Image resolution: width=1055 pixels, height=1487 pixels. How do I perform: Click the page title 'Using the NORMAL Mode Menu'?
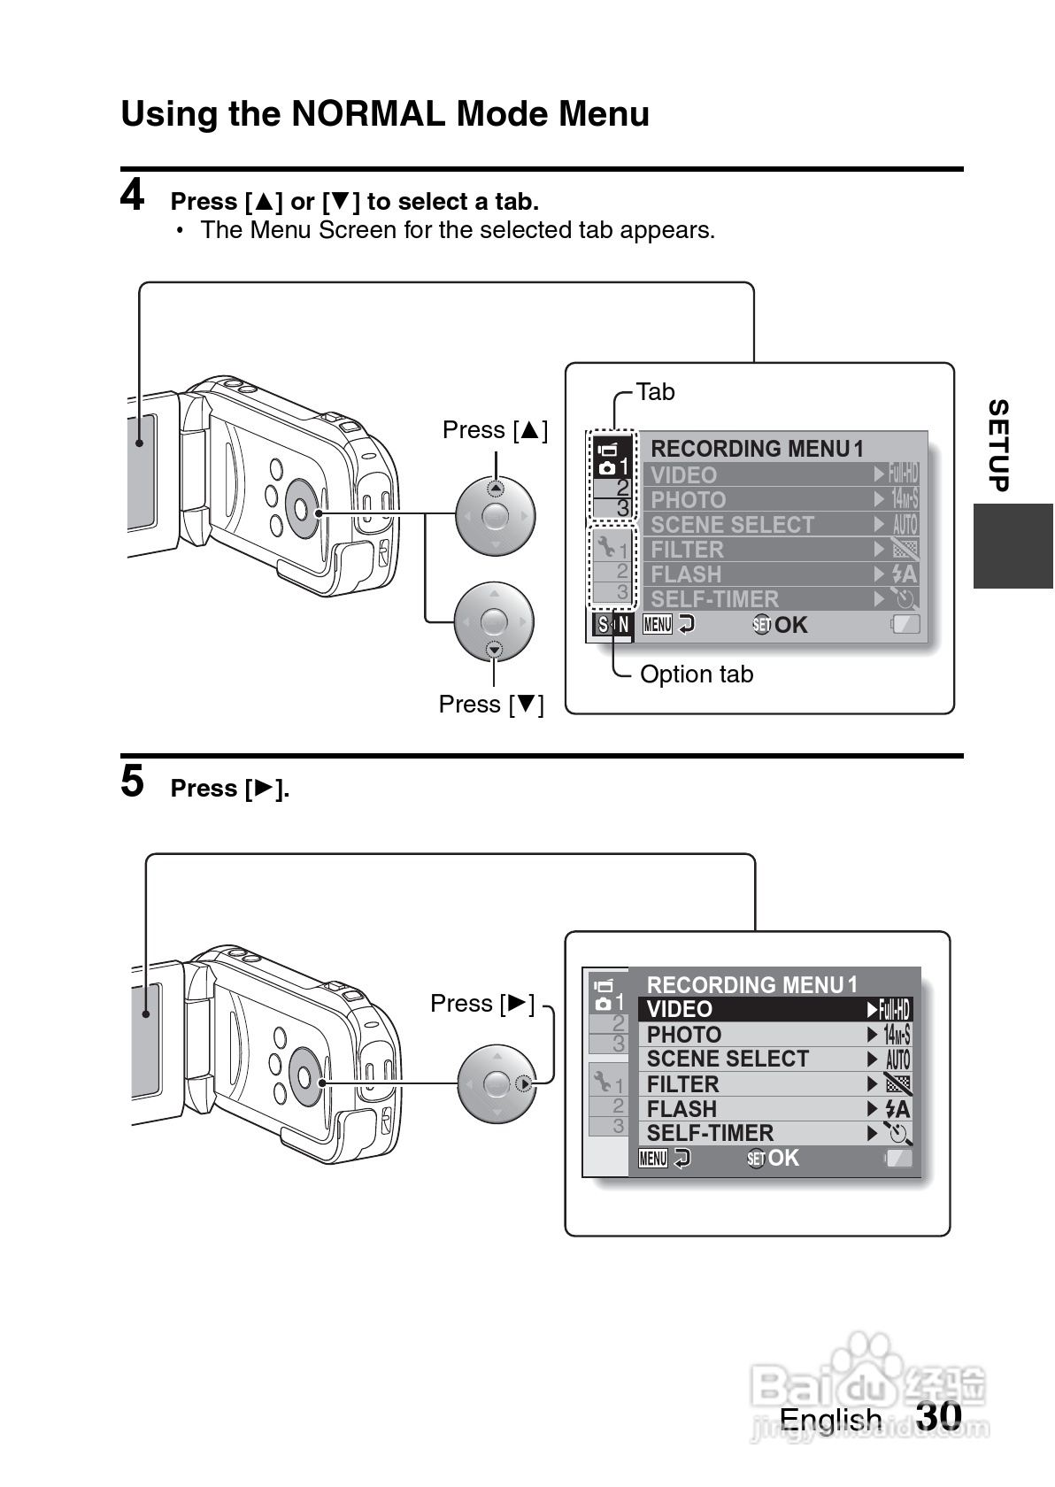click(x=385, y=114)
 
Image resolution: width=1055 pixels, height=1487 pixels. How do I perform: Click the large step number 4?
click(x=132, y=195)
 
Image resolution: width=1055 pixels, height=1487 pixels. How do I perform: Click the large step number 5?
click(x=132, y=782)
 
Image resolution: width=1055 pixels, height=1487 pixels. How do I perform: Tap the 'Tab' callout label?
click(x=655, y=391)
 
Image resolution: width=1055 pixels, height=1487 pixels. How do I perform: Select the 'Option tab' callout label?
click(x=696, y=674)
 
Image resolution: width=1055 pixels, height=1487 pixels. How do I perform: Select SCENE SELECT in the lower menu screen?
click(x=728, y=1059)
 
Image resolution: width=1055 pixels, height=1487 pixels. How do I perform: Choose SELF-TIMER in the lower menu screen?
click(x=710, y=1133)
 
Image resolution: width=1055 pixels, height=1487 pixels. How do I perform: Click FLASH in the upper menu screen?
click(x=687, y=574)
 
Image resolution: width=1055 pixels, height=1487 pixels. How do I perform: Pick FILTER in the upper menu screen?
click(x=688, y=550)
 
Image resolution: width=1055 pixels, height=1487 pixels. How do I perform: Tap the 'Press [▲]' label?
click(x=495, y=430)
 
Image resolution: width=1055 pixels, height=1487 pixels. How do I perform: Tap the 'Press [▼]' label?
click(x=491, y=705)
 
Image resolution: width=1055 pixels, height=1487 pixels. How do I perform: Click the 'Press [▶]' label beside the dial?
click(x=482, y=1004)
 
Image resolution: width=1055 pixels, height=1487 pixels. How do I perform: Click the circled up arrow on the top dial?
click(x=496, y=488)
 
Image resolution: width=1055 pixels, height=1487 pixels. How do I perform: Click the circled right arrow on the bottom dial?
click(x=525, y=1083)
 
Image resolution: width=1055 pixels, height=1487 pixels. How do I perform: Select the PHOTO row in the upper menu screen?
click(x=689, y=500)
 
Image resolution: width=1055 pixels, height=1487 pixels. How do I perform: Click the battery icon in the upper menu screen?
click(x=905, y=625)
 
